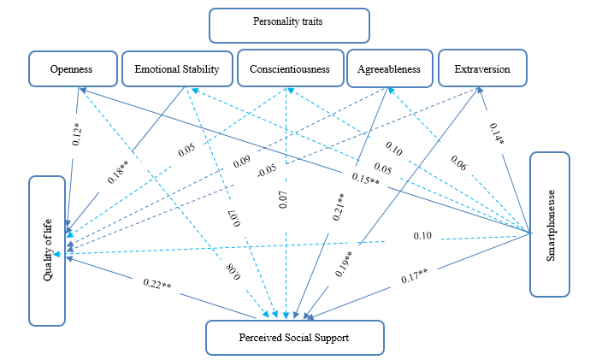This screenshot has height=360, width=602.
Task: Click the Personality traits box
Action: (290, 26)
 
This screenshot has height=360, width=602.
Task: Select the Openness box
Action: (71, 69)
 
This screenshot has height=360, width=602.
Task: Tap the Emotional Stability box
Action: (176, 69)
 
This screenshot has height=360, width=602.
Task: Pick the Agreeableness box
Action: (388, 69)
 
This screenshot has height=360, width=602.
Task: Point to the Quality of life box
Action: (46, 251)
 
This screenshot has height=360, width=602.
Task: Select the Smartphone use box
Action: (560, 225)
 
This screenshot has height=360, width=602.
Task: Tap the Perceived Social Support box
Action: (295, 337)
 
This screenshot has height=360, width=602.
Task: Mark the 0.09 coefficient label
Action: (241, 160)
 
